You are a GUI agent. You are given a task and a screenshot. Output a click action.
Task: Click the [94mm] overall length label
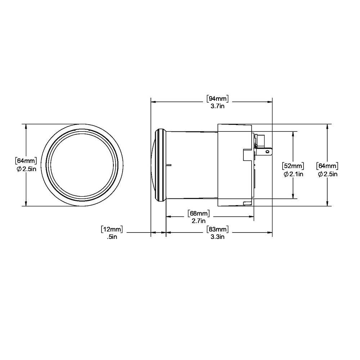point(218,98)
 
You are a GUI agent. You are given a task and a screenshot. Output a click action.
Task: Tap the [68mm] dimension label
point(199,213)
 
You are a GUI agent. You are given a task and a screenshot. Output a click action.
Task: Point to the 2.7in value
point(199,221)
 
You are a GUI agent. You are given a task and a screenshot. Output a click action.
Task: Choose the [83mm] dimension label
point(218,229)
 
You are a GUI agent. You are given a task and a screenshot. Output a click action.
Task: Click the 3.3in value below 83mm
point(218,237)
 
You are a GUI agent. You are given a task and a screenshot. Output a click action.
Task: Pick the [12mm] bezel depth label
point(112,229)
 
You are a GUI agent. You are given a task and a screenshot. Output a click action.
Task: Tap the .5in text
point(113,237)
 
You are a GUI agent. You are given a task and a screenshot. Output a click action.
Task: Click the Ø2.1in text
point(293,174)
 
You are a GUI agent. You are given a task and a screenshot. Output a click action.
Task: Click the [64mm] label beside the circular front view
point(26,160)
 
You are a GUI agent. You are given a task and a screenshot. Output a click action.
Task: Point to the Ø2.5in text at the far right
point(327,174)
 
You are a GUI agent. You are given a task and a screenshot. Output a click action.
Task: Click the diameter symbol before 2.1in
point(285,174)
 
